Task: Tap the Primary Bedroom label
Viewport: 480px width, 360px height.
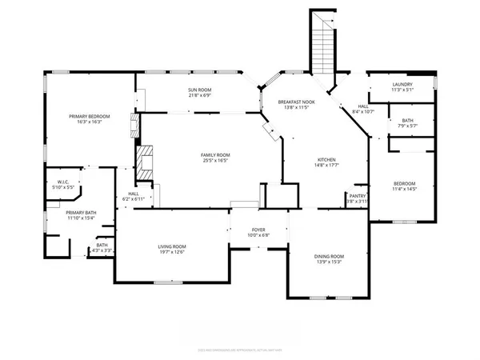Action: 88,116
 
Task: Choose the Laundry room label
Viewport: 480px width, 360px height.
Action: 402,84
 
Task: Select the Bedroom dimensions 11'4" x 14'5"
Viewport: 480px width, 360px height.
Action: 403,190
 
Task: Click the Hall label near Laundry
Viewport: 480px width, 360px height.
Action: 362,106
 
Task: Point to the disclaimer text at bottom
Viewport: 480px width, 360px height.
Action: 240,350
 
